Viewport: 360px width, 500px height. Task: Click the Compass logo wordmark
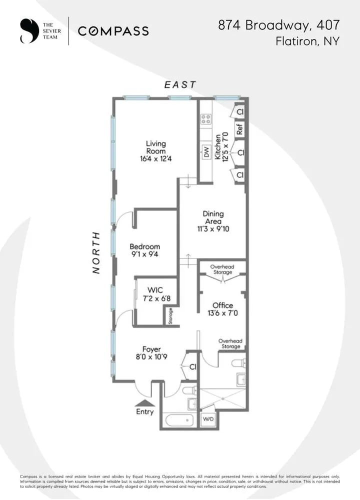(x=113, y=31)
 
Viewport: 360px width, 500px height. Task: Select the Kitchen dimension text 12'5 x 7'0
(x=225, y=146)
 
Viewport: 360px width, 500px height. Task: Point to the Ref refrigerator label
(x=239, y=129)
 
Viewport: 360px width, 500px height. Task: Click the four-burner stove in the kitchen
(x=205, y=119)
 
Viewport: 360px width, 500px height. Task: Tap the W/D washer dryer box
(x=208, y=420)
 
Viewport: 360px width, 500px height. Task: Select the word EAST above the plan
(x=180, y=85)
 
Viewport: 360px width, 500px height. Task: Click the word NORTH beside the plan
(x=97, y=252)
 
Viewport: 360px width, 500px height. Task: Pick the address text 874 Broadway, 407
(x=279, y=25)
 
